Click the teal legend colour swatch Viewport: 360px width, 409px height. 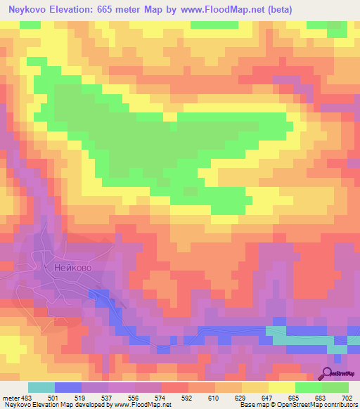41,387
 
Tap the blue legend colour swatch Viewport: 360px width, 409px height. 67,387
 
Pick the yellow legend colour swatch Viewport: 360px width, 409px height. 281,387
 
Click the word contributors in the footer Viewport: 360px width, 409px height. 340,405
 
